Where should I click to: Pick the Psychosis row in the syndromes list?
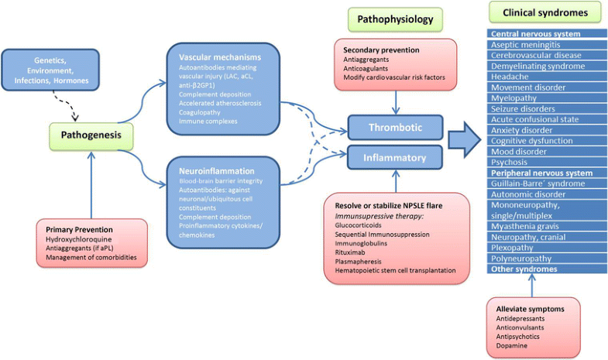pos(512,163)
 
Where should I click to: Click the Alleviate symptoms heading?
pos(531,309)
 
